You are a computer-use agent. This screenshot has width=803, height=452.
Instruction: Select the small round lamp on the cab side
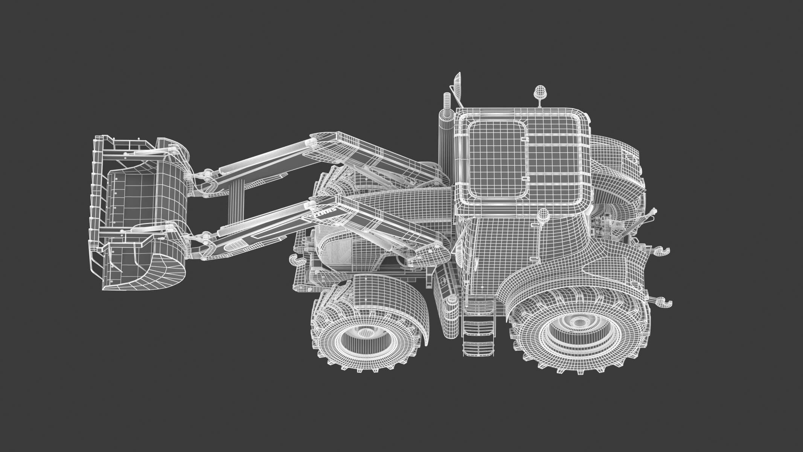click(543, 214)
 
